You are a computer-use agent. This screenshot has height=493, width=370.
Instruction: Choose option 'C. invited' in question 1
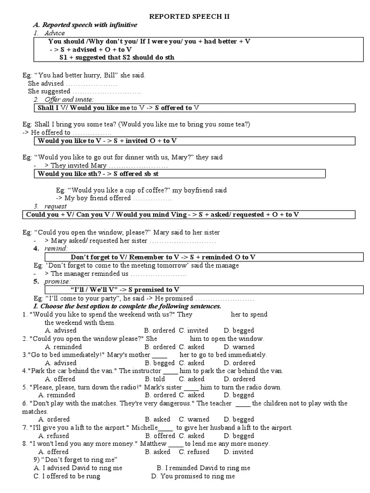(x=194, y=330)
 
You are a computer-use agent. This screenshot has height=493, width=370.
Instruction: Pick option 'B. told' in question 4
(x=155, y=379)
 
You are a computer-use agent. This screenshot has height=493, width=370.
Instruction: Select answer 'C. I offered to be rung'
(x=67, y=476)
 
